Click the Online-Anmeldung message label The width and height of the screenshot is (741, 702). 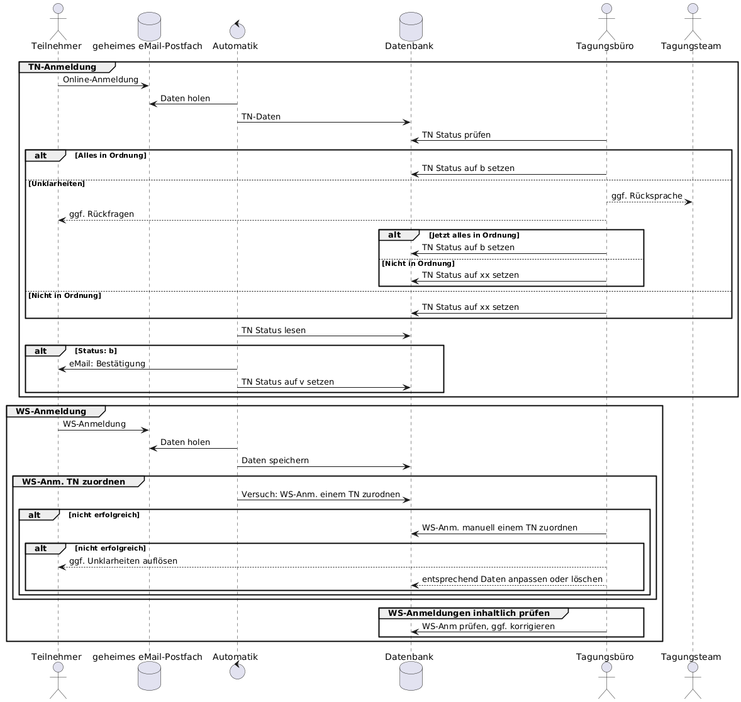[x=100, y=80]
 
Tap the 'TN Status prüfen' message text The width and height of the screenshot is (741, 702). [x=456, y=134]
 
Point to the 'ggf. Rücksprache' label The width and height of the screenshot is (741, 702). [x=647, y=196]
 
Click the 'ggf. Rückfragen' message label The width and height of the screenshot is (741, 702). [x=101, y=214]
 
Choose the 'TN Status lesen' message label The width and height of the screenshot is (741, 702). [x=274, y=330]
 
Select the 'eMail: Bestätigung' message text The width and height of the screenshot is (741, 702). [x=107, y=364]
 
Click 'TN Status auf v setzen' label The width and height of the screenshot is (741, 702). [x=287, y=381]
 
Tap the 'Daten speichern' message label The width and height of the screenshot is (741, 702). [x=275, y=461]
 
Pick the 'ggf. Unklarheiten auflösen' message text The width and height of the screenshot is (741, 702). [x=123, y=561]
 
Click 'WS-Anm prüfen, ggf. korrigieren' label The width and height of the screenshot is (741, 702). [x=488, y=626]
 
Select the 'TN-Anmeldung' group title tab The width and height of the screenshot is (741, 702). [x=62, y=67]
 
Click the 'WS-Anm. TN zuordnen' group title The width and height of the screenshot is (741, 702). [x=74, y=481]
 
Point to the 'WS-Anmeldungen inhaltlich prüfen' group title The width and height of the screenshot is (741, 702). [x=469, y=613]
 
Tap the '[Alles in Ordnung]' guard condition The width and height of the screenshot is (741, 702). [x=111, y=155]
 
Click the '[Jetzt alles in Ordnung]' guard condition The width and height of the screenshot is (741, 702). [x=474, y=235]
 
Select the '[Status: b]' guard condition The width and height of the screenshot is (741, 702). [x=96, y=351]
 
